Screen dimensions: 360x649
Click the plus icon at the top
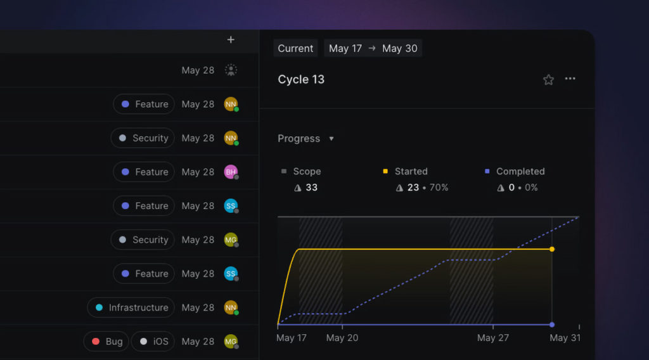231,40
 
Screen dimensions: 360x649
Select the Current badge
295,48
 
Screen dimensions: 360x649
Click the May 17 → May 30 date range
373,48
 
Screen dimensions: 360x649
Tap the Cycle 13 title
301,79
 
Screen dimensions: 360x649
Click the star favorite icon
548,79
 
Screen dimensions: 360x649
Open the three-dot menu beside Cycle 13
570,79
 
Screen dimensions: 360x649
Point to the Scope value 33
311,188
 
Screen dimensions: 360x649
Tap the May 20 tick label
342,338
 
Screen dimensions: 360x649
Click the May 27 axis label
492,338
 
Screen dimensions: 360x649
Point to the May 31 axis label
565,338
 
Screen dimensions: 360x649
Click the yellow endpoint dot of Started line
552,249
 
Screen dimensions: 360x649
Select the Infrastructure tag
131,307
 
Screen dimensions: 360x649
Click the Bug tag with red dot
106,342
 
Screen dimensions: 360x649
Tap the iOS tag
154,342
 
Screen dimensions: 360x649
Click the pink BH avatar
231,172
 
